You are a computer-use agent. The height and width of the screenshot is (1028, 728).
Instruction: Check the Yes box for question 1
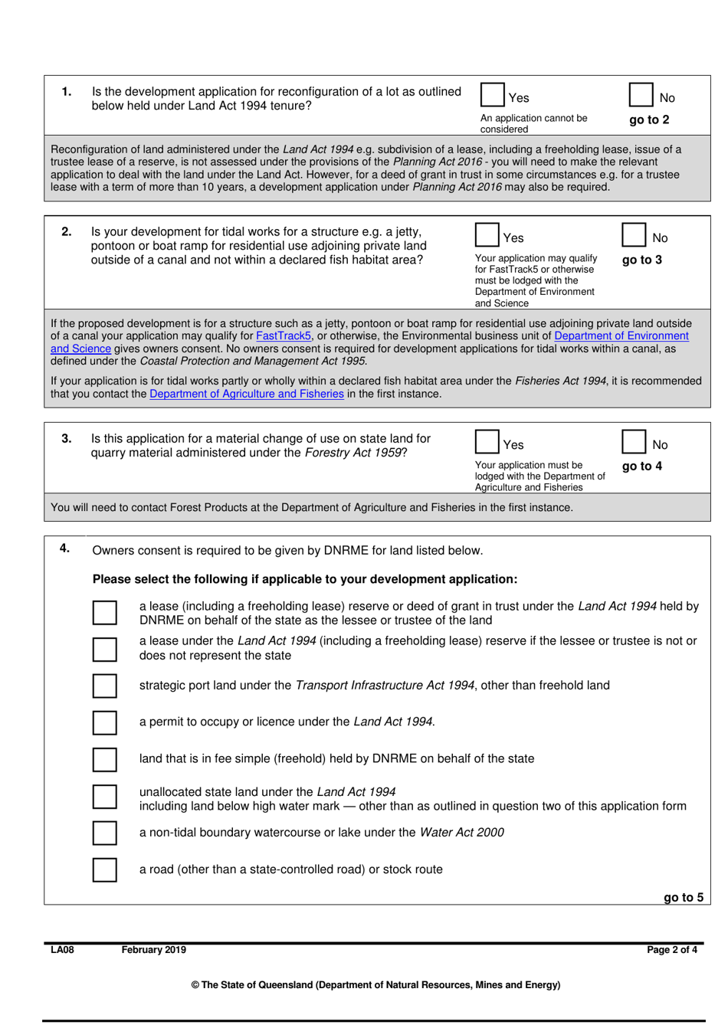tap(492, 95)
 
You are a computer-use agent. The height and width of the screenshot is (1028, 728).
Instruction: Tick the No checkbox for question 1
tap(641, 95)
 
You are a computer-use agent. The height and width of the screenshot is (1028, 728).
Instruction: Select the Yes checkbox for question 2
tap(487, 234)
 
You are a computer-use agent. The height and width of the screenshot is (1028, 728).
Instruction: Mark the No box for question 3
tap(634, 442)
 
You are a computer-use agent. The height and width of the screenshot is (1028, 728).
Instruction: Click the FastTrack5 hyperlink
tap(284, 336)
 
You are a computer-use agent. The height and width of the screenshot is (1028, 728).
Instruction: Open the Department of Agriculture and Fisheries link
tap(247, 394)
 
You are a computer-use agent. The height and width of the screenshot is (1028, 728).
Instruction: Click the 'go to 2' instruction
tap(649, 119)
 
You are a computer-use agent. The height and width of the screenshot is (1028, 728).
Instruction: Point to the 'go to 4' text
tap(642, 466)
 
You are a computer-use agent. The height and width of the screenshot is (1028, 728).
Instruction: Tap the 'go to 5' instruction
tap(683, 897)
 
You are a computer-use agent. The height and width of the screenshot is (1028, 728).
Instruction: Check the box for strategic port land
tap(105, 686)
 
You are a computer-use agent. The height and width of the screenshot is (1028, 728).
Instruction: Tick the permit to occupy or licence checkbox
tap(105, 722)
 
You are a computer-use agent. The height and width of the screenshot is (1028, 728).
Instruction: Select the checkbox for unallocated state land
tap(105, 797)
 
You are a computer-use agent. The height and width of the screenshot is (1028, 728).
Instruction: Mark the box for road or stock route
tap(105, 870)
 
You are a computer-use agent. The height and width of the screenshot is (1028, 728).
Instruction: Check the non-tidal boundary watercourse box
tap(105, 833)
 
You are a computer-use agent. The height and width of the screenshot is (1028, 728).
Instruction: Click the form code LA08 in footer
tap(62, 950)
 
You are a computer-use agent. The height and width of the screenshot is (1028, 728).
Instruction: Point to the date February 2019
tap(153, 950)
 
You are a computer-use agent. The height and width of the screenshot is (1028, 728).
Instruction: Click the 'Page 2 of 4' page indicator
tap(672, 950)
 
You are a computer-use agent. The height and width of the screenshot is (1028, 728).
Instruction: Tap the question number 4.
tap(65, 548)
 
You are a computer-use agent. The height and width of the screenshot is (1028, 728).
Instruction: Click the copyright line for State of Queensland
tap(375, 985)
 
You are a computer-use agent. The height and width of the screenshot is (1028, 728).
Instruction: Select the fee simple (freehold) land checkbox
tap(105, 759)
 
